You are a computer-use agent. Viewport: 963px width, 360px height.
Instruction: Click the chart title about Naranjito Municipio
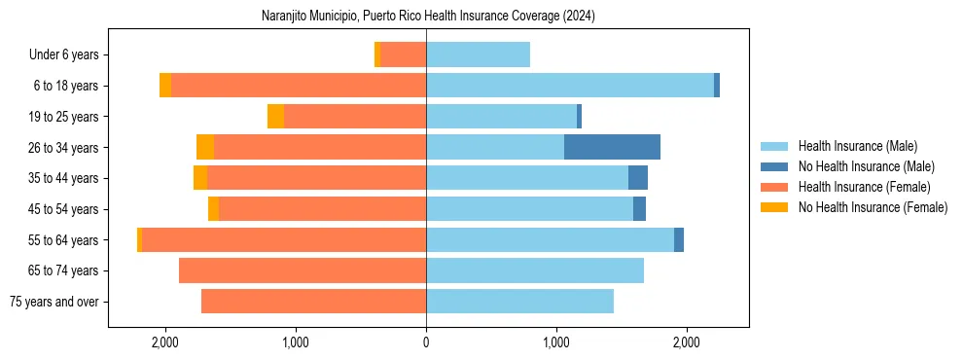coord(428,17)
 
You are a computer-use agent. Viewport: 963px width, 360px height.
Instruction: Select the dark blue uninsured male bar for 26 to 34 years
coord(612,147)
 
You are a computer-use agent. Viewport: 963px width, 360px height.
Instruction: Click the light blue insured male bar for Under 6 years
coord(478,54)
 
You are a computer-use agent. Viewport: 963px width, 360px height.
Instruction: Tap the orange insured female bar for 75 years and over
coord(313,302)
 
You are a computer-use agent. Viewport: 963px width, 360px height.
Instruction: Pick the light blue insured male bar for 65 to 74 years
coord(535,270)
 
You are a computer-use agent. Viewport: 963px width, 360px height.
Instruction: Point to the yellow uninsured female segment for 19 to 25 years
coord(275,117)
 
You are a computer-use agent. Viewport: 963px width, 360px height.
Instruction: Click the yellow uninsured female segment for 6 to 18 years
coord(165,86)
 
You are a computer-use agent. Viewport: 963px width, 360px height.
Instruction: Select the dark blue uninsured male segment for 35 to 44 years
coord(638,178)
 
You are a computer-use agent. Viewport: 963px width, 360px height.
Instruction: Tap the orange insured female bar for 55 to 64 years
coord(284,239)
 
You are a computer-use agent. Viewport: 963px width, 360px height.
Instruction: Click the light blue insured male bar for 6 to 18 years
coord(570,86)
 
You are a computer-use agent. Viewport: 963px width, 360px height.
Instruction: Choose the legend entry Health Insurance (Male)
coord(857,146)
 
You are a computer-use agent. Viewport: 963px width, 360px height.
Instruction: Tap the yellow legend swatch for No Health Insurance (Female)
coord(774,207)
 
